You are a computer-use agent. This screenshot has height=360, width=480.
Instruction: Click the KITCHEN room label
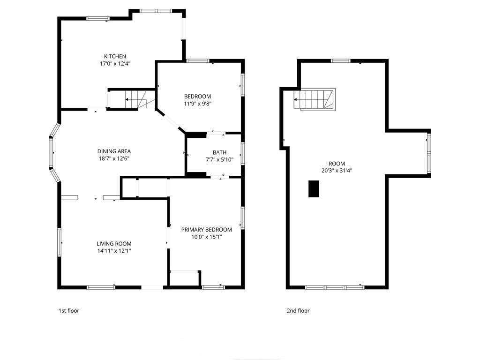click(x=115, y=56)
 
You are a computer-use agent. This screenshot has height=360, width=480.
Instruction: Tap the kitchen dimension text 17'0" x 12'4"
click(x=115, y=64)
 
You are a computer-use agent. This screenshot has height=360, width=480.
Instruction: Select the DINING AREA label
click(x=114, y=151)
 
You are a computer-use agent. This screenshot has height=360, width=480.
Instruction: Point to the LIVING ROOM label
click(x=114, y=244)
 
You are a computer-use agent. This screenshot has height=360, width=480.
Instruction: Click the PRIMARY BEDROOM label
click(x=206, y=230)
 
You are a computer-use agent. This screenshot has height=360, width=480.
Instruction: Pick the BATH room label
click(x=219, y=152)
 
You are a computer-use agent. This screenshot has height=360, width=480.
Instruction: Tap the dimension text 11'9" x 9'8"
click(x=197, y=104)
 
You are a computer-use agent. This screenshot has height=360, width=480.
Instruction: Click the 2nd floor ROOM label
click(x=337, y=164)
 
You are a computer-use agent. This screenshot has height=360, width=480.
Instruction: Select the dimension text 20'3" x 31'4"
click(x=337, y=171)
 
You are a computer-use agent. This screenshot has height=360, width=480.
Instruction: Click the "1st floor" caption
click(x=69, y=311)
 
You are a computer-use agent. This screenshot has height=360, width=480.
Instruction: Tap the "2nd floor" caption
click(x=298, y=311)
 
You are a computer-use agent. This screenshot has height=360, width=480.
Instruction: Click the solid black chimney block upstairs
click(x=314, y=189)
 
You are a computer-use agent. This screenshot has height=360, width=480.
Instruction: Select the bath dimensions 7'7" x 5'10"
click(x=219, y=159)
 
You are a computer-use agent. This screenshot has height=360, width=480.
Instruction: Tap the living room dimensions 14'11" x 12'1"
click(x=114, y=251)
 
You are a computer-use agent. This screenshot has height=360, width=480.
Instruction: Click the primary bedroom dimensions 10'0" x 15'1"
click(x=206, y=237)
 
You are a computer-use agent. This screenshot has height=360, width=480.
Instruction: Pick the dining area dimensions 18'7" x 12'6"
click(x=114, y=158)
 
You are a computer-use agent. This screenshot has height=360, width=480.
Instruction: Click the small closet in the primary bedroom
click(x=184, y=278)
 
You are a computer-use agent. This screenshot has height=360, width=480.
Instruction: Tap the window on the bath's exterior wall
click(x=242, y=153)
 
